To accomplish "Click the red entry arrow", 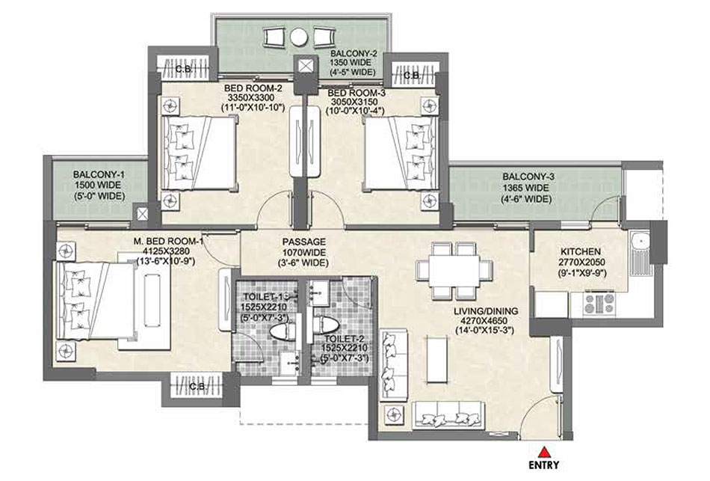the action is pyautogui.click(x=544, y=452).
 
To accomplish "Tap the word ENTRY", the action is pyautogui.click(x=544, y=465).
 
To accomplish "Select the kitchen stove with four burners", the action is pyautogui.click(x=599, y=303).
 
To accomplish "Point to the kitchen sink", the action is pyautogui.click(x=639, y=254).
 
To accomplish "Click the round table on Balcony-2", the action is pyautogui.click(x=299, y=37).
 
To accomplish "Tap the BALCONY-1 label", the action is pyautogui.click(x=99, y=174).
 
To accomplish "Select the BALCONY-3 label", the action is pyautogui.click(x=528, y=177).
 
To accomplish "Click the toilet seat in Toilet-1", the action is pyautogui.click(x=282, y=331).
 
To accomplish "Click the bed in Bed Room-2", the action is pyautogui.click(x=199, y=153).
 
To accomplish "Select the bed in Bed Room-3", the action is pyautogui.click(x=401, y=153).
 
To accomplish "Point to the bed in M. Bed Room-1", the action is pyautogui.click(x=95, y=301).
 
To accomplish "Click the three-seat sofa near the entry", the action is pyautogui.click(x=449, y=414).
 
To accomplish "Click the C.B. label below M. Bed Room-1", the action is pyautogui.click(x=198, y=387).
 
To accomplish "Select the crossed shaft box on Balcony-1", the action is pyautogui.click(x=142, y=213).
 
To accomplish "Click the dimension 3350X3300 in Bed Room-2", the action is pyautogui.click(x=251, y=98).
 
